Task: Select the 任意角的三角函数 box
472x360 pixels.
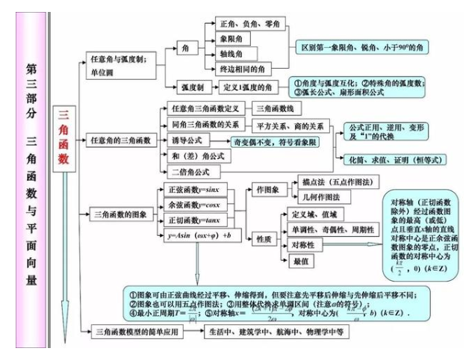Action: click(120, 140)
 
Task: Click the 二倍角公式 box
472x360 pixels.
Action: click(193, 171)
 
